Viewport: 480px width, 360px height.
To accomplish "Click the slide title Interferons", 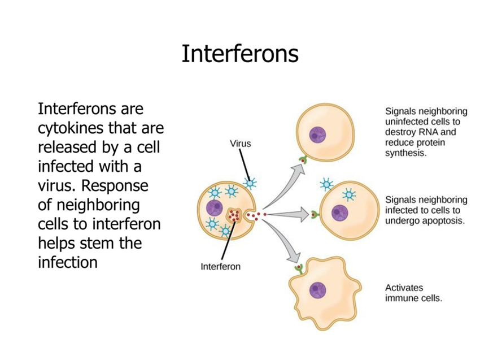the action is pyautogui.click(x=240, y=54).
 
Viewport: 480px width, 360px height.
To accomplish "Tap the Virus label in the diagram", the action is pyautogui.click(x=241, y=144).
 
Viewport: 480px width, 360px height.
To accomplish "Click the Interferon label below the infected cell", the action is pyautogui.click(x=220, y=267).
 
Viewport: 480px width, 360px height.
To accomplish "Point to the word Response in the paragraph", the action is pyautogui.click(x=115, y=186).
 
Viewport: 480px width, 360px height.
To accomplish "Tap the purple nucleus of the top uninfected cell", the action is pyautogui.click(x=317, y=135).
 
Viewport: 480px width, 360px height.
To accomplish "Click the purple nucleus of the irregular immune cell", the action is pyautogui.click(x=317, y=290).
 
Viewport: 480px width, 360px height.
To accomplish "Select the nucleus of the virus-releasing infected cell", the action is pyautogui.click(x=214, y=208).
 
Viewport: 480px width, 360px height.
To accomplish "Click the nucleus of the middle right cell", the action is pyautogui.click(x=340, y=212).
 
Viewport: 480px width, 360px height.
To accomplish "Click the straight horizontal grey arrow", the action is pyautogui.click(x=288, y=214).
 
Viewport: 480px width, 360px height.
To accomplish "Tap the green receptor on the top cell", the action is pyautogui.click(x=303, y=159).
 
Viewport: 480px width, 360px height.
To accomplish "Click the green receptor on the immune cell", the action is pyautogui.click(x=299, y=268).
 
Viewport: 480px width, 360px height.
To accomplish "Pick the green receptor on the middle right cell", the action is pyautogui.click(x=315, y=215).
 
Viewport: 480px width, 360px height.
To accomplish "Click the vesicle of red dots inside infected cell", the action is pyautogui.click(x=235, y=215).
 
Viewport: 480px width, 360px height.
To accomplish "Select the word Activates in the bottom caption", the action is pyautogui.click(x=404, y=288).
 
